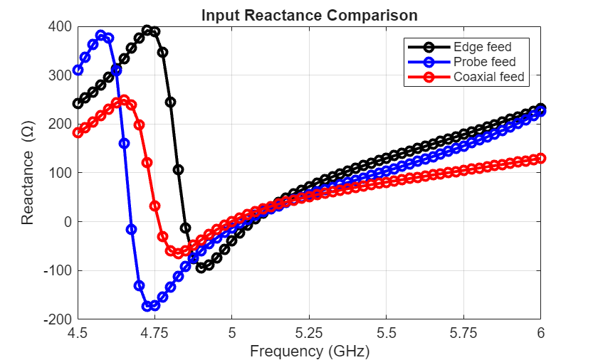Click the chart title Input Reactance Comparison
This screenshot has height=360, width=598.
(309, 15)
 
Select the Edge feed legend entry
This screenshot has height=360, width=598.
(483, 48)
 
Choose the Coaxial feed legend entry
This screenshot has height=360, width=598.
(489, 77)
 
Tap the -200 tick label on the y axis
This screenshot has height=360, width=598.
(58, 319)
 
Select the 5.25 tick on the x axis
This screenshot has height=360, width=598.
(309, 332)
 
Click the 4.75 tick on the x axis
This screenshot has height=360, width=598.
(154, 332)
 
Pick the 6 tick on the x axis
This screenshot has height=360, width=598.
(541, 332)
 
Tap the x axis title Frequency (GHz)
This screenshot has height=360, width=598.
(309, 351)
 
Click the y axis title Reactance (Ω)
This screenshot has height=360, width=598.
(28, 173)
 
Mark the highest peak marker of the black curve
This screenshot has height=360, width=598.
(147, 31)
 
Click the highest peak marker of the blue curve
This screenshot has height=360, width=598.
(101, 36)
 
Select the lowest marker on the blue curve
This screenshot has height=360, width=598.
(147, 306)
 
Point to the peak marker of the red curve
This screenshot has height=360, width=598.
(124, 100)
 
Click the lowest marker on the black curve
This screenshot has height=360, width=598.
(201, 268)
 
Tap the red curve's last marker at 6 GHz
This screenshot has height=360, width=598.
(541, 158)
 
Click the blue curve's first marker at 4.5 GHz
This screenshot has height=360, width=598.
(78, 70)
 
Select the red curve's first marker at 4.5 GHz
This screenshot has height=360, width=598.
(78, 132)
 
